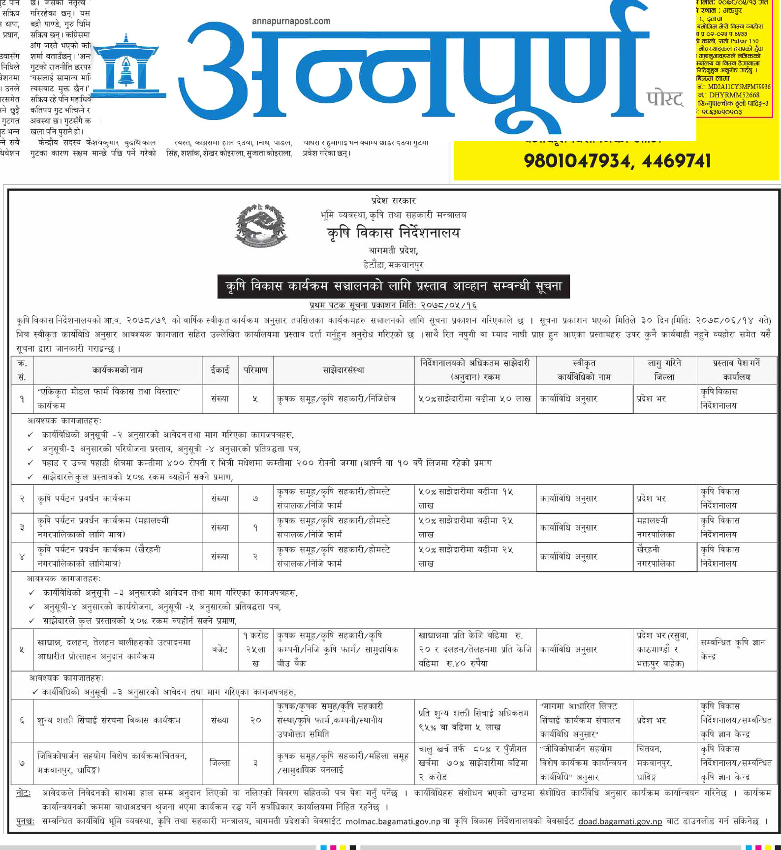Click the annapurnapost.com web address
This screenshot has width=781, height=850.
(291, 21)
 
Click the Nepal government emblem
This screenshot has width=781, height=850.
(261, 226)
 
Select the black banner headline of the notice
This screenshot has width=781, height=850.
(393, 286)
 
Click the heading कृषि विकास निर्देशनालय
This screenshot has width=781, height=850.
(393, 233)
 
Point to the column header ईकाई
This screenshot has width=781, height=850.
(220, 370)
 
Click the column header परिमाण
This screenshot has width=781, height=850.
(255, 370)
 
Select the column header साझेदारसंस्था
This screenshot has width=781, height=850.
(344, 370)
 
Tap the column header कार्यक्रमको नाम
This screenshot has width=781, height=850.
(118, 370)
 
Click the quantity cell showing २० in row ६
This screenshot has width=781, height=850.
(255, 720)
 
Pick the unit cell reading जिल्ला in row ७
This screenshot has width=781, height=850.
(220, 763)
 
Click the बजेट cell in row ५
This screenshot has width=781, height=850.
(220, 649)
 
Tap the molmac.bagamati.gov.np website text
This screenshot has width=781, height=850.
(393, 821)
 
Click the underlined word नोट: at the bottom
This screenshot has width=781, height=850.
(23, 793)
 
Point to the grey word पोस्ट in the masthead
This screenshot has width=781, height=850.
(665, 99)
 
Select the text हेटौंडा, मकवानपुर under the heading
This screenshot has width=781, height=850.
(393, 265)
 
